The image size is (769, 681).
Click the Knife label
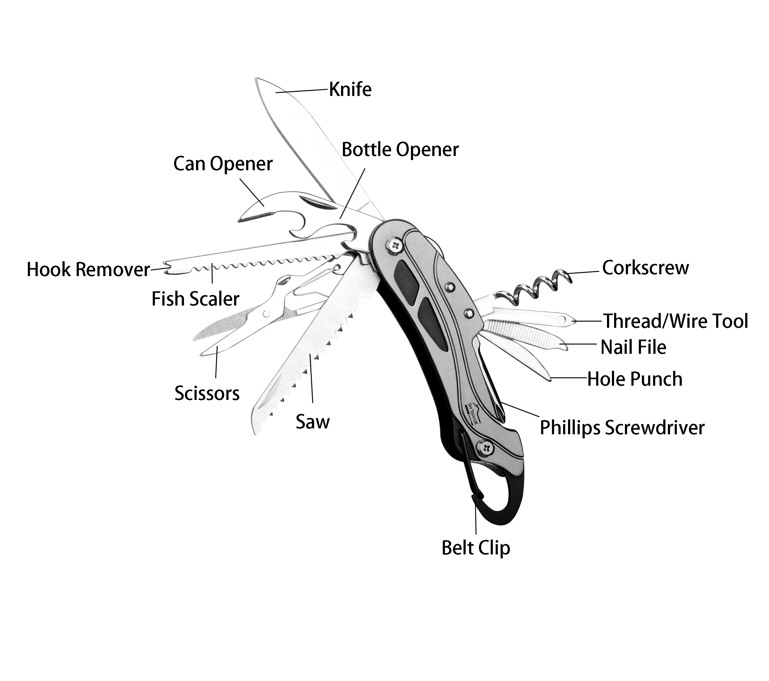[x=350, y=90]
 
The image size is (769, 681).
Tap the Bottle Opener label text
[x=400, y=150]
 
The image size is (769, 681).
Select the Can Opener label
[x=223, y=164]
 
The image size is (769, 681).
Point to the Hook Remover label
[x=88, y=270]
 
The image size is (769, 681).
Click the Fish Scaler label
[x=195, y=299]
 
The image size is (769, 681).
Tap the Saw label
[x=312, y=422]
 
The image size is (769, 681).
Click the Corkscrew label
[x=645, y=268]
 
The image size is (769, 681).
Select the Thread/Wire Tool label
[x=676, y=321]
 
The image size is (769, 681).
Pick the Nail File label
[x=633, y=347]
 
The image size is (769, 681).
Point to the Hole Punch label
[x=635, y=379]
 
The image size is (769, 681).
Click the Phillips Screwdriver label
[x=622, y=428]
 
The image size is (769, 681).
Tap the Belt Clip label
[x=476, y=548]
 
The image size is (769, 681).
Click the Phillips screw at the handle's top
[x=395, y=246]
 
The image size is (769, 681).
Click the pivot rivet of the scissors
[x=266, y=313]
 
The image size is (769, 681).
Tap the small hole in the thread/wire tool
[x=562, y=320]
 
